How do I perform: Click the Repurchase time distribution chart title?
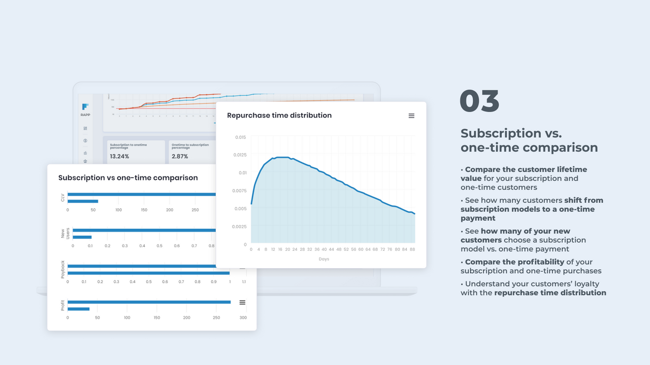279,116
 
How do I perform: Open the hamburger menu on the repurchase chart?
411,116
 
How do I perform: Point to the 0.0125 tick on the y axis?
239,155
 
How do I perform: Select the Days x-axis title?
324,259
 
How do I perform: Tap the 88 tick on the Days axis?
412,249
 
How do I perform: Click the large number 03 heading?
479,101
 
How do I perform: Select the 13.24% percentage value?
120,156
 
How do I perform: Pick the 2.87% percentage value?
180,156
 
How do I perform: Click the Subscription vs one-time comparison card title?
128,178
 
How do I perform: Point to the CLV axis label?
63,198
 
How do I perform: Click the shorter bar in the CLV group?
83,201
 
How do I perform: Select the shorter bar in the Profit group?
78,309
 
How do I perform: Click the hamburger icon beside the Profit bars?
242,303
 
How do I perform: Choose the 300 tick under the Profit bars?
243,318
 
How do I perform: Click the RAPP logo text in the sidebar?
85,115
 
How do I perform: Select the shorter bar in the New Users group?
82,237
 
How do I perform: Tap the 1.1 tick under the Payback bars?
244,282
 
